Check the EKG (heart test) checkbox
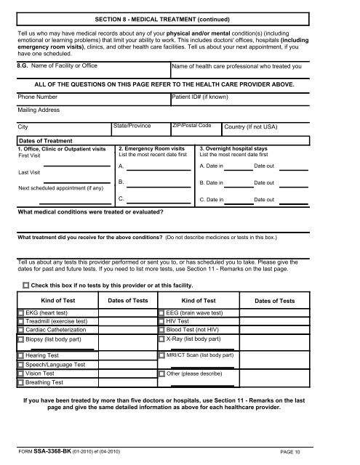(x=20, y=313)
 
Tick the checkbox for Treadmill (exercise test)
(x=20, y=321)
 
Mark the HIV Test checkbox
(x=161, y=321)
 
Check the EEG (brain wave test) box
(x=161, y=313)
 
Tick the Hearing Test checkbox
(x=20, y=355)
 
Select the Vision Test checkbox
(x=20, y=373)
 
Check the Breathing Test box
(x=20, y=382)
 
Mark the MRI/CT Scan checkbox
(x=161, y=355)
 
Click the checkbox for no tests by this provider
(x=27, y=285)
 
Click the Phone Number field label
(x=38, y=96)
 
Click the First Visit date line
(x=65, y=163)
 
